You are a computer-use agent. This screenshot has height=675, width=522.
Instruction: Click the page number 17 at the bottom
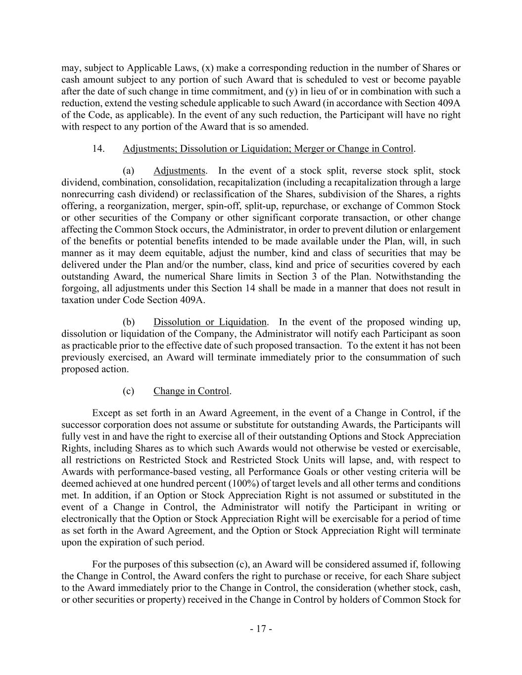261,629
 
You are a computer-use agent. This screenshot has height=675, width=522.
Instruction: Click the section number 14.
98,148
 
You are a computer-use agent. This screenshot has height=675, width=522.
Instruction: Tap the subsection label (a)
129,171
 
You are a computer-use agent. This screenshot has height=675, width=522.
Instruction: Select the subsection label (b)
129,322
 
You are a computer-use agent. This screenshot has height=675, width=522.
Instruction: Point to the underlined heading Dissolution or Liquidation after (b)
210,322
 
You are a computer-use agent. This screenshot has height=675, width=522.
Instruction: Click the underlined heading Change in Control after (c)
191,391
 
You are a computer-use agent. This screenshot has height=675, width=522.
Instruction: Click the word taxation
79,300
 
